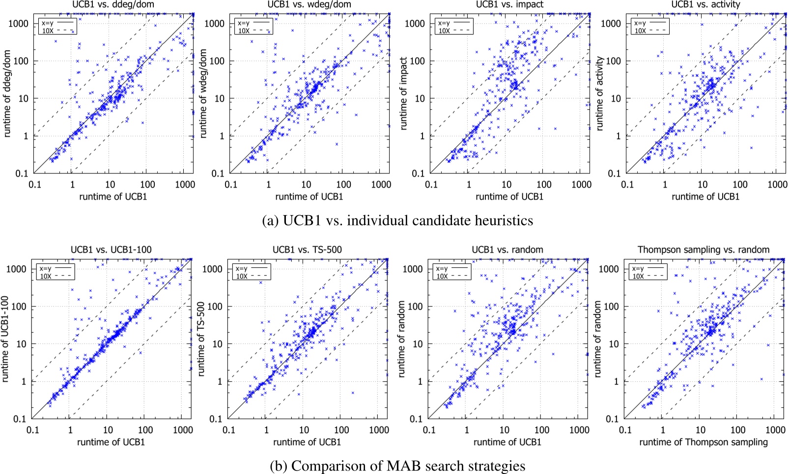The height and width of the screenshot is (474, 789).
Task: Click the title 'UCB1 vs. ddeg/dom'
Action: [113, 4]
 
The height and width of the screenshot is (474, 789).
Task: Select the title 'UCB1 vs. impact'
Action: [509, 4]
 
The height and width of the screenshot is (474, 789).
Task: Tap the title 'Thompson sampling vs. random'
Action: [703, 250]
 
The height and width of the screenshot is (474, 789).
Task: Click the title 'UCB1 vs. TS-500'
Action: [307, 250]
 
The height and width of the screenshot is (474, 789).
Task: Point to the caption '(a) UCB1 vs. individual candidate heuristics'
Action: [397, 221]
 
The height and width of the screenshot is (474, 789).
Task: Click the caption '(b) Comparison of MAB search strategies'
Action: [397, 466]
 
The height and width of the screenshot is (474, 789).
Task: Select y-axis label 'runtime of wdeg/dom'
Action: [203, 93]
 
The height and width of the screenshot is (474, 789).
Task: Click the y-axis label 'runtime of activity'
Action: [599, 93]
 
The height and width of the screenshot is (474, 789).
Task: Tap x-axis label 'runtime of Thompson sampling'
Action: [703, 442]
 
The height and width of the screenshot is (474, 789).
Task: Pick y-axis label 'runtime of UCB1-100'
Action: [5, 339]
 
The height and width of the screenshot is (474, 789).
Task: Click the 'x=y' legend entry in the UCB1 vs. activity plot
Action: [640, 23]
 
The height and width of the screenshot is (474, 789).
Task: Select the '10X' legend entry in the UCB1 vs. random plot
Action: [442, 276]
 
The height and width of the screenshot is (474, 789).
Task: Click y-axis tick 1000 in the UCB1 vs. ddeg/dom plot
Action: [19, 24]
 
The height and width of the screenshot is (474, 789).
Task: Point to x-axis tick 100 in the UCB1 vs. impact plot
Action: [543, 185]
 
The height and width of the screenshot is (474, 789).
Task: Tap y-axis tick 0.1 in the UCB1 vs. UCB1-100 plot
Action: [20, 419]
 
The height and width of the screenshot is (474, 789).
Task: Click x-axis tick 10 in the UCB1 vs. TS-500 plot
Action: [304, 430]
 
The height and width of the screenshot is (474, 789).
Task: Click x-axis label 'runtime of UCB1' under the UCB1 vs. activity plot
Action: [705, 196]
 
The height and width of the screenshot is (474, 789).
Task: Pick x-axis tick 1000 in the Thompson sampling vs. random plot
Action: [775, 430]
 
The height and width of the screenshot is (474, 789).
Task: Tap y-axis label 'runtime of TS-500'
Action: [200, 339]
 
